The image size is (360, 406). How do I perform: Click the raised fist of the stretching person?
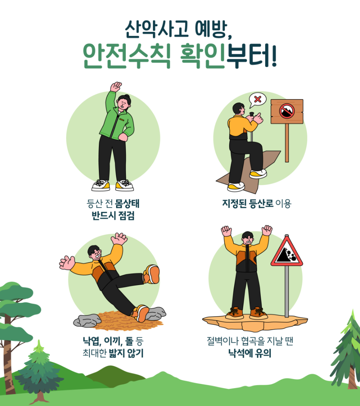pos(116,86)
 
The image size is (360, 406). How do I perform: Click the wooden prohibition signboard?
pos(287,111)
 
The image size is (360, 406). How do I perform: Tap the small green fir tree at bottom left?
pos(39,370)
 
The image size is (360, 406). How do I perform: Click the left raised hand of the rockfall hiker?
pos(226,231)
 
